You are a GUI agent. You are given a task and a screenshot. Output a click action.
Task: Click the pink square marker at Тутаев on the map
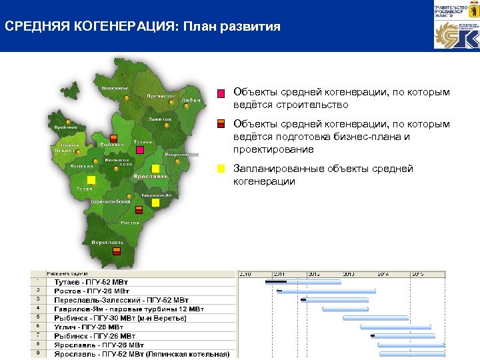click(141, 150)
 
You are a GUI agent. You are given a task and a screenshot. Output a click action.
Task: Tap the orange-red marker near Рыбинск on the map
click(113, 139)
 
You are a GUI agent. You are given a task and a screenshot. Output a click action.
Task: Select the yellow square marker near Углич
click(91, 181)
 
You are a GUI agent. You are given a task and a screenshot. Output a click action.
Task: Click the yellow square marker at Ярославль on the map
click(155, 169)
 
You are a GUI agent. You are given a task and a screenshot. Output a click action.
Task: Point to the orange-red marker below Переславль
click(116, 251)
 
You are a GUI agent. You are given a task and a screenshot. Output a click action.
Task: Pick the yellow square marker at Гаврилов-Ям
click(155, 202)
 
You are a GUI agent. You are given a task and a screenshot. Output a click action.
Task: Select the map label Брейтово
click(66, 127)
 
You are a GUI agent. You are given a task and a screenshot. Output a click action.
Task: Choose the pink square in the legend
click(221, 93)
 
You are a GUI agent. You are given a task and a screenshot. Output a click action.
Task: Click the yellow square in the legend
click(221, 169)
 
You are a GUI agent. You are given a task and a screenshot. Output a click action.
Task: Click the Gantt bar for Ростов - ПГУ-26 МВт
click(326, 291)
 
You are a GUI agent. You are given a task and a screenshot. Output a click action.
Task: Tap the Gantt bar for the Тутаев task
click(303, 282)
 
